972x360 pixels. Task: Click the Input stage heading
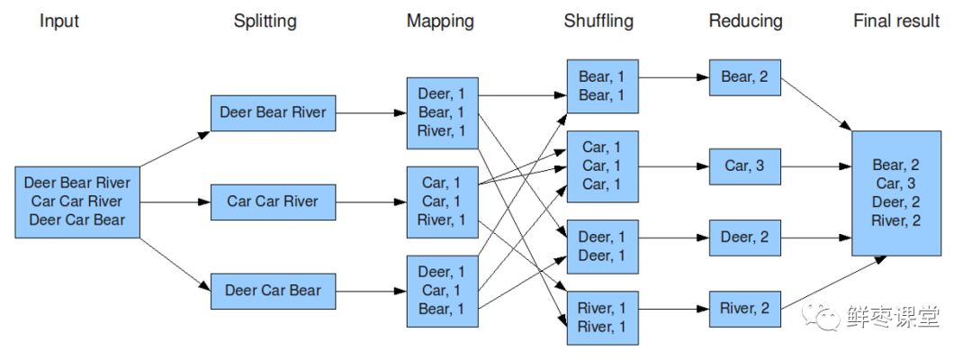(x=59, y=21)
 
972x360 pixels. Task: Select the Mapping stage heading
(x=440, y=21)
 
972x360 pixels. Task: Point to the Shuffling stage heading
(x=598, y=21)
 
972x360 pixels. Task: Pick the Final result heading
(x=895, y=21)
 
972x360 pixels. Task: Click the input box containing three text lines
(x=77, y=202)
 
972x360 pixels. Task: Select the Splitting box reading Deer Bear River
(x=273, y=113)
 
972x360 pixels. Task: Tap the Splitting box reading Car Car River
(x=273, y=202)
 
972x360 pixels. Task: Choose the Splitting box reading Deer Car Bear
(x=273, y=291)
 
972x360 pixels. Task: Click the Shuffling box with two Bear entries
(x=602, y=86)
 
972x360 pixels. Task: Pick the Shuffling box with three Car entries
(x=602, y=166)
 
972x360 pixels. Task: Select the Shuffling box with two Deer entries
(x=602, y=247)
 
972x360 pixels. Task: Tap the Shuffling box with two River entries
(x=602, y=318)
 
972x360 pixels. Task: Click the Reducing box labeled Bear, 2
(x=744, y=77)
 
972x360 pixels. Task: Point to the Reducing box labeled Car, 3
(x=744, y=166)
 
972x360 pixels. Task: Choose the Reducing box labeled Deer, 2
(x=744, y=238)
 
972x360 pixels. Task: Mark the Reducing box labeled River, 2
(x=744, y=309)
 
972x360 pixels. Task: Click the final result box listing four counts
(x=895, y=193)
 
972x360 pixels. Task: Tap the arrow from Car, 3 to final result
(x=815, y=166)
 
